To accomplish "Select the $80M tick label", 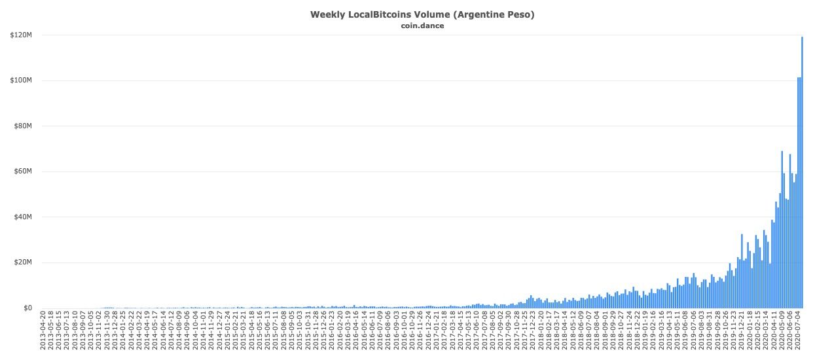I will tap(24, 126).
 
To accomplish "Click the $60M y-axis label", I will tap(24, 171).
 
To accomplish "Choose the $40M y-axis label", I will tap(24, 217).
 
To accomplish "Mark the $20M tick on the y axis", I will tap(24, 262).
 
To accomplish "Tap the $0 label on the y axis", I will tap(28, 308).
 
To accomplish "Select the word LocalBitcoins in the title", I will tap(376, 14).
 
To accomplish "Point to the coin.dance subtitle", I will tap(422, 26).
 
